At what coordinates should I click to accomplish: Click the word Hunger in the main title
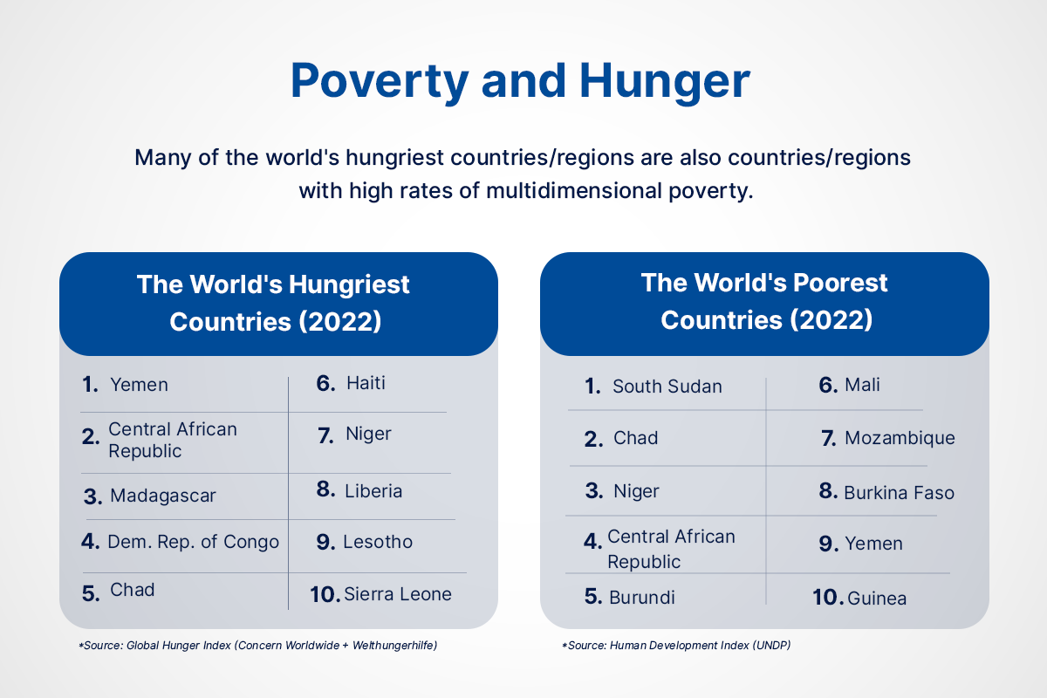(663, 81)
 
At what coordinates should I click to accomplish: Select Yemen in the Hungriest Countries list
(139, 385)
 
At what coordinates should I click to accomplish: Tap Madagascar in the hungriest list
(162, 496)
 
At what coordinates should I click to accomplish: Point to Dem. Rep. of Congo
(193, 542)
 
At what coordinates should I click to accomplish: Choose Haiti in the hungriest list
(366, 383)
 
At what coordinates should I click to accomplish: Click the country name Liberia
(373, 491)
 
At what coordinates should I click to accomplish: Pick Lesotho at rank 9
(378, 542)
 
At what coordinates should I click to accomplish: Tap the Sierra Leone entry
(398, 594)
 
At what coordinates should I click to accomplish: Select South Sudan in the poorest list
(667, 387)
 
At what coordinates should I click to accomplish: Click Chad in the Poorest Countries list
(635, 438)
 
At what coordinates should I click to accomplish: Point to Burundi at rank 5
(642, 598)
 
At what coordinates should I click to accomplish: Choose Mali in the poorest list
(862, 385)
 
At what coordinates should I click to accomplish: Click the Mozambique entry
(900, 438)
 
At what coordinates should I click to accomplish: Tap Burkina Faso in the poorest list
(899, 493)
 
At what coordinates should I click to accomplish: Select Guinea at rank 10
(877, 599)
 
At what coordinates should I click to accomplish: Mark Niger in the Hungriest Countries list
(368, 435)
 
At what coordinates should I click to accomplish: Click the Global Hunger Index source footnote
(257, 646)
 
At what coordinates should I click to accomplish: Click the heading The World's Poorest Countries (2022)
(765, 301)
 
